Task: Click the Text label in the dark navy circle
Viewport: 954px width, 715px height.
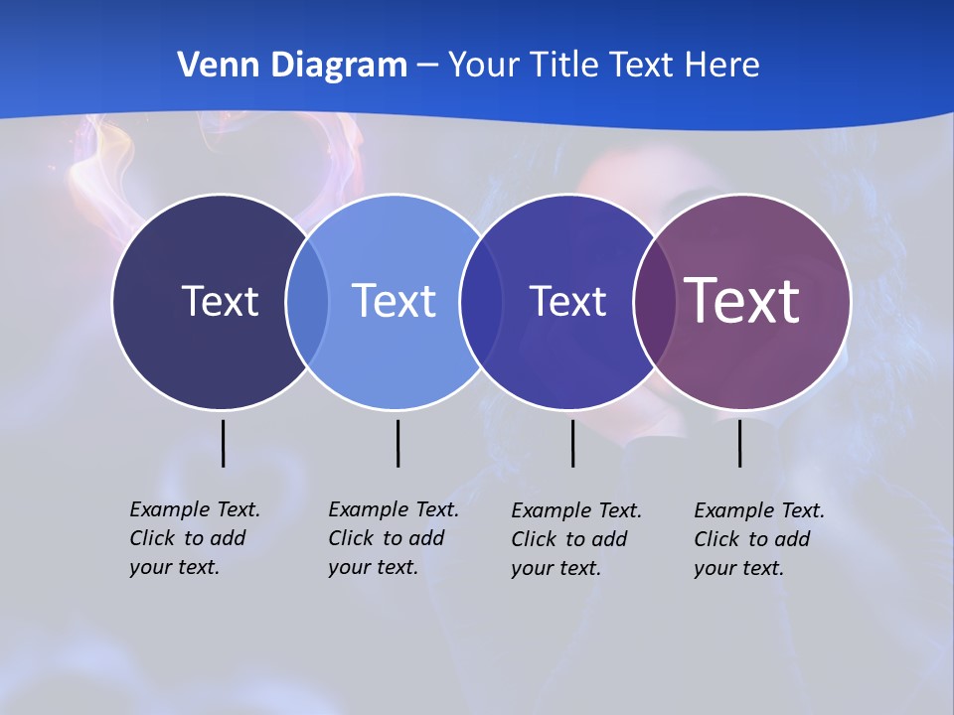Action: tap(220, 301)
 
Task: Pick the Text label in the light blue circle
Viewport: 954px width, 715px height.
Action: tap(395, 301)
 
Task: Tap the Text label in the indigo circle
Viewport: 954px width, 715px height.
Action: tap(567, 301)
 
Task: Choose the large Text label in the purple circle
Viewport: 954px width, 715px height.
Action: tap(742, 301)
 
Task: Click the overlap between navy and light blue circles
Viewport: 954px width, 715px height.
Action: tap(307, 301)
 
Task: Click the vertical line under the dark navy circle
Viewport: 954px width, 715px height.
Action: tap(223, 443)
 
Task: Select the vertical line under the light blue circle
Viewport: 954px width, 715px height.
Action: tap(397, 443)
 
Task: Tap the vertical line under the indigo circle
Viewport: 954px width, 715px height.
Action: tap(572, 443)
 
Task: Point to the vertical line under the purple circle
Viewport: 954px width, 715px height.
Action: tap(739, 443)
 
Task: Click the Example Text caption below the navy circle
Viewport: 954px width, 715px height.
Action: tap(194, 538)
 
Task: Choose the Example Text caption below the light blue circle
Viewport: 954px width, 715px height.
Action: tap(393, 538)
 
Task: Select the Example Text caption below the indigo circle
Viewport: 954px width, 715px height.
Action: tap(575, 539)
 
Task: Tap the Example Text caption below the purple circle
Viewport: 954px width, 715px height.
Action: tap(758, 539)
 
